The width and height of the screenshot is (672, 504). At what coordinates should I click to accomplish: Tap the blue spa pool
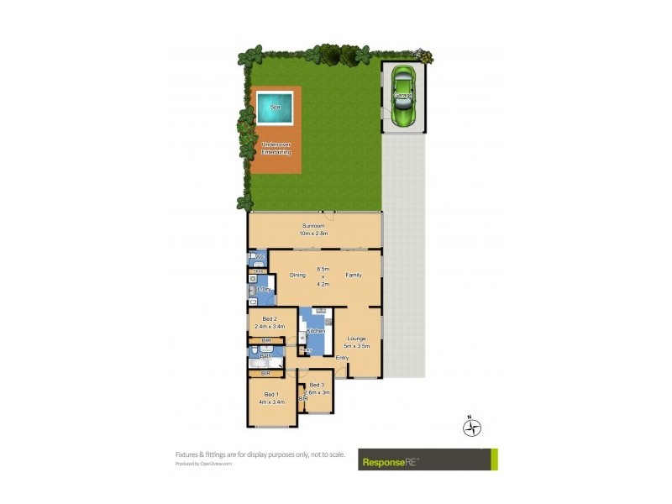point(275,108)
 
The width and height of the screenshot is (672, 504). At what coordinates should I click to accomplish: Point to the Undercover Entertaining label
point(276,148)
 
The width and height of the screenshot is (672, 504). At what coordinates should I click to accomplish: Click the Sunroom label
point(314,226)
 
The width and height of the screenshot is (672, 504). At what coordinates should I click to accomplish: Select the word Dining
point(297,275)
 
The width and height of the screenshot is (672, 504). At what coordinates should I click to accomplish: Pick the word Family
point(353,275)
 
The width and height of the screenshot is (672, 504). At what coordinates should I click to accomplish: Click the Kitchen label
point(316,331)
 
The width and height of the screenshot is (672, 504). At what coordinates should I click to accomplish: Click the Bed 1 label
point(270,394)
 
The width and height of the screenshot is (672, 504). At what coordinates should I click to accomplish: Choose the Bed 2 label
point(270,318)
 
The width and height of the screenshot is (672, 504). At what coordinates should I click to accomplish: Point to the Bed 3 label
point(316,385)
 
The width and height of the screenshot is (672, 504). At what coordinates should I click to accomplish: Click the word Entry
point(342,359)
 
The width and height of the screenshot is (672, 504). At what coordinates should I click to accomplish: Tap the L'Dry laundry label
point(263,290)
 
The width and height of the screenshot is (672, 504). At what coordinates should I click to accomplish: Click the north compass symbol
point(473,427)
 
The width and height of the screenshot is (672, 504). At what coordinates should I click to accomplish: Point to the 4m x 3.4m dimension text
point(271,402)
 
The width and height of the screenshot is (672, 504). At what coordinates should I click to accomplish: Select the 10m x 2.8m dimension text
point(314,234)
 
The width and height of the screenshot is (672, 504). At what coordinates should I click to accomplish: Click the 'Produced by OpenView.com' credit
point(203,463)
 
